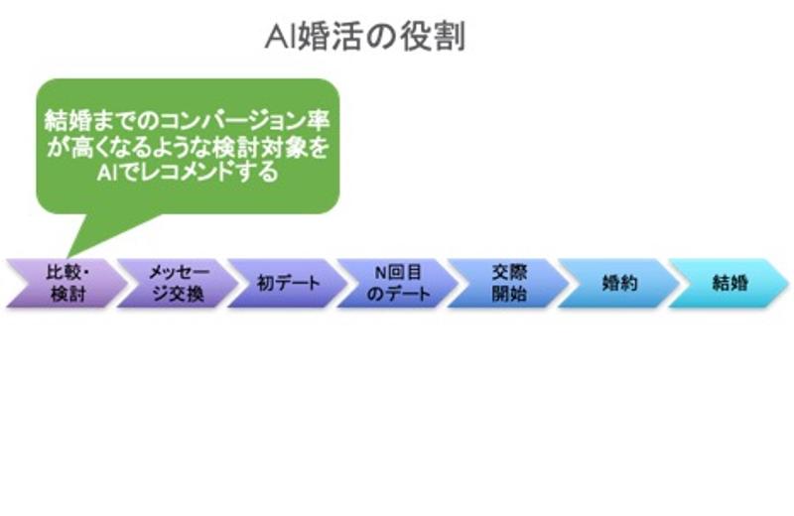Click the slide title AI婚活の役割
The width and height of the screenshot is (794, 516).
pyautogui.click(x=365, y=37)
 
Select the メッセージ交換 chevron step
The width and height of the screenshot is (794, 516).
pyautogui.click(x=177, y=283)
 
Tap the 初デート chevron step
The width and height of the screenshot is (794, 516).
pyautogui.click(x=288, y=283)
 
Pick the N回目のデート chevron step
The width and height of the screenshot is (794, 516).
pyautogui.click(x=397, y=283)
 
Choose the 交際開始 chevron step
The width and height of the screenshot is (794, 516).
pyautogui.click(x=507, y=283)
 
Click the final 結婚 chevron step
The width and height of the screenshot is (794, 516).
pyautogui.click(x=729, y=283)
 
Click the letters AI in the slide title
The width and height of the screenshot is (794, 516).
pyautogui.click(x=277, y=37)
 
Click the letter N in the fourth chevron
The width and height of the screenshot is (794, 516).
pyautogui.click(x=378, y=271)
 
